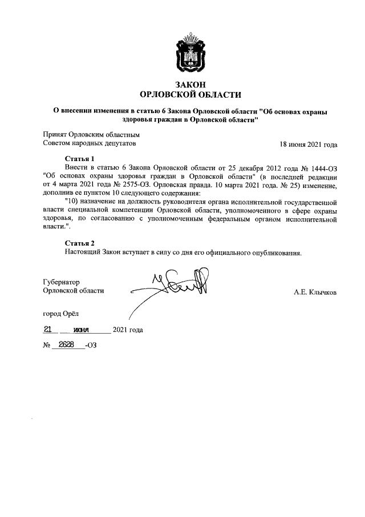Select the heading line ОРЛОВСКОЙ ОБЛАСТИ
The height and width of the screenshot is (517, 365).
pyautogui.click(x=190, y=95)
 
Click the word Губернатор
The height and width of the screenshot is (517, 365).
pyautogui.click(x=62, y=282)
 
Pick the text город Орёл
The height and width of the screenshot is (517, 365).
pyautogui.click(x=62, y=314)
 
